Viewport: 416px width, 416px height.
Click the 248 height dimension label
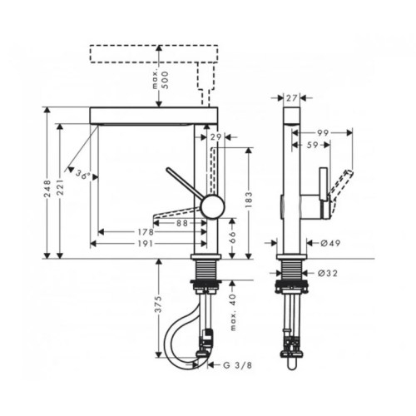pyautogui.click(x=47, y=189)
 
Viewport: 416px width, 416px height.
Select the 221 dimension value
pyautogui.click(x=61, y=187)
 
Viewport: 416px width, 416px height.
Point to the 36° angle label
pyautogui.click(x=83, y=175)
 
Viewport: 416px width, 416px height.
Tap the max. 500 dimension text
pyautogui.click(x=161, y=80)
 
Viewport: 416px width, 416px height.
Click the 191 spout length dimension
pyautogui.click(x=146, y=244)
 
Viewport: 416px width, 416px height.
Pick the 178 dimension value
pyautogui.click(x=146, y=232)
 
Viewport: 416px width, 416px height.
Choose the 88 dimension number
pyautogui.click(x=181, y=223)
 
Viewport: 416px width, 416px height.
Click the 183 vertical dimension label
pyautogui.click(x=249, y=200)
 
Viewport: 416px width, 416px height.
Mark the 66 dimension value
pyautogui.click(x=232, y=237)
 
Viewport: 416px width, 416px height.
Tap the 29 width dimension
pyautogui.click(x=215, y=136)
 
